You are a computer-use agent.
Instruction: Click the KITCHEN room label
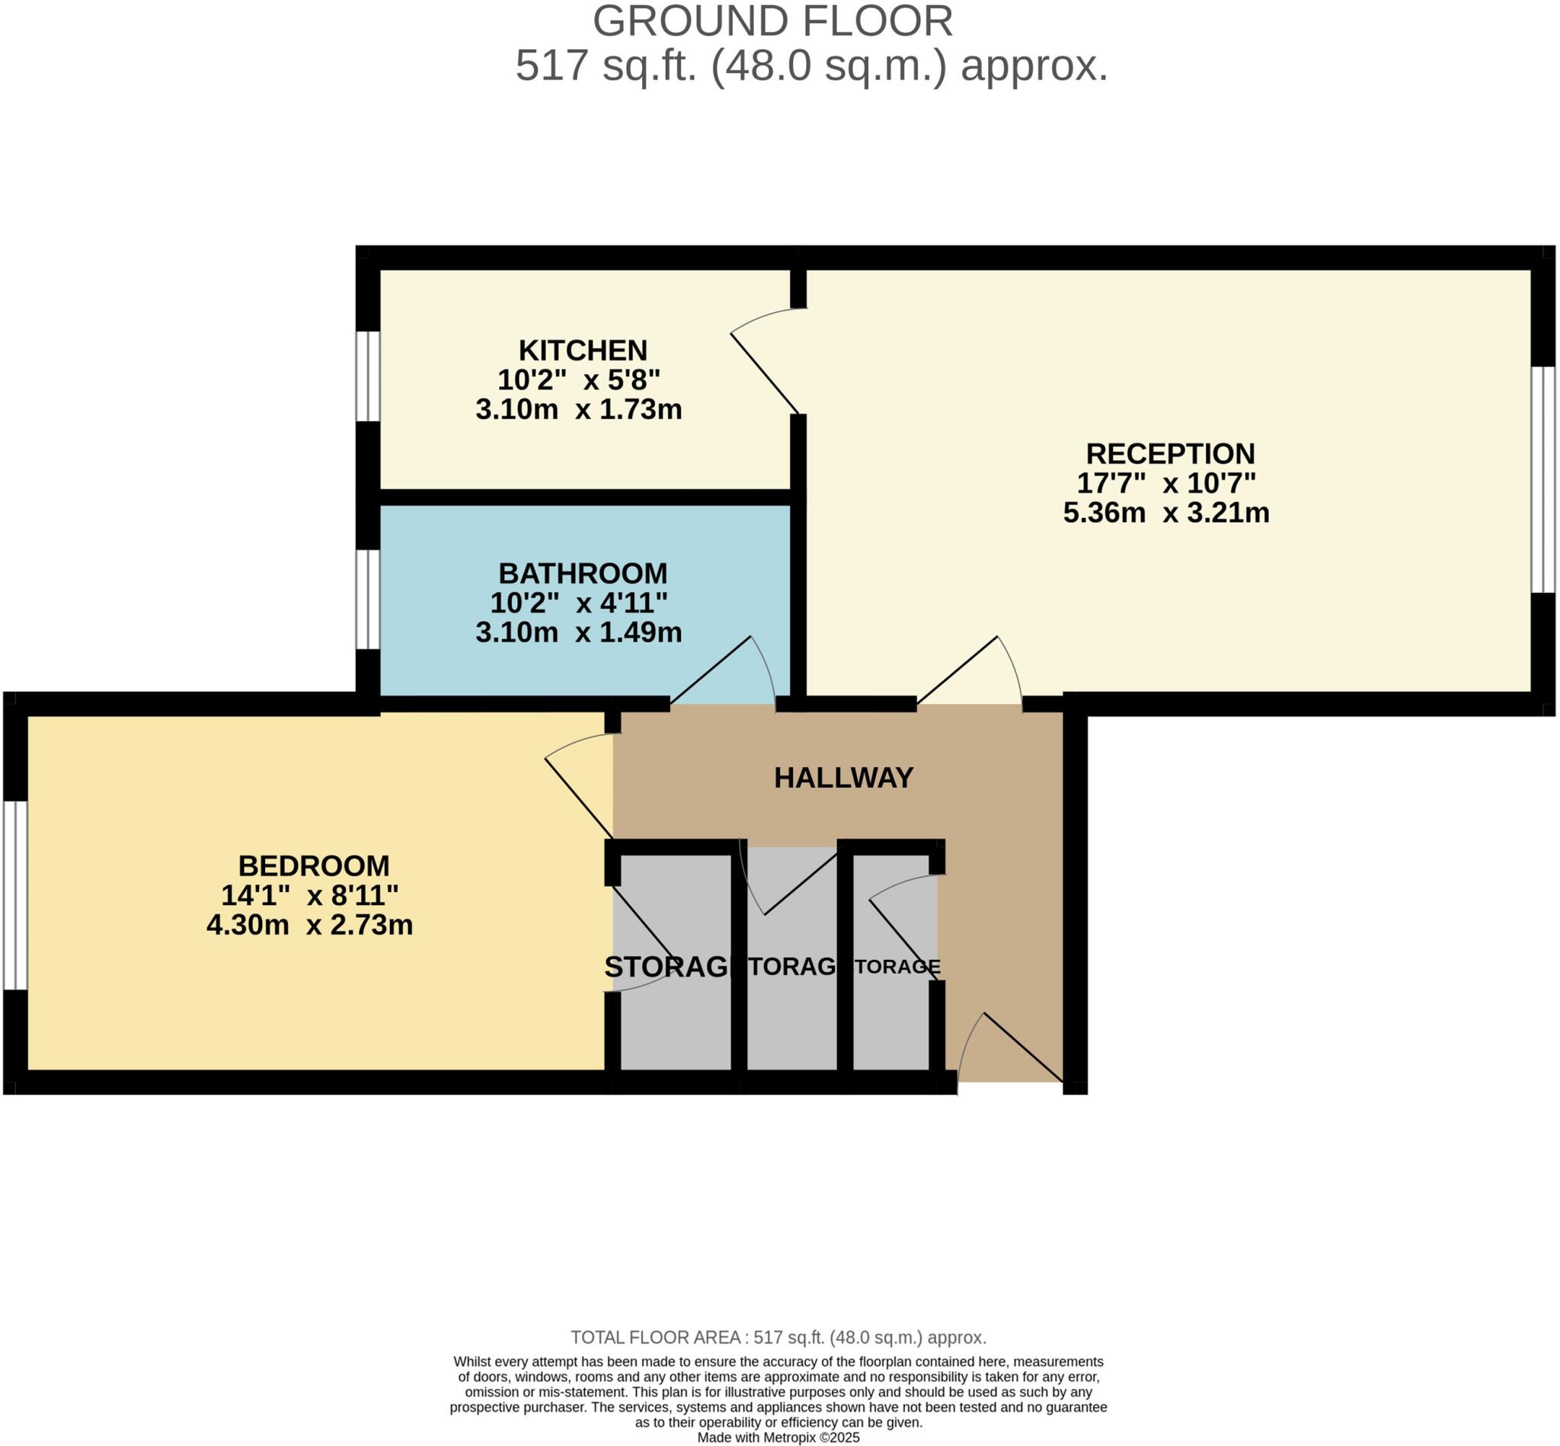pos(583,350)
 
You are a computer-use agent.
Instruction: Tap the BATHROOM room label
pos(583,574)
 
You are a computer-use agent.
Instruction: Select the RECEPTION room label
pos(1169,454)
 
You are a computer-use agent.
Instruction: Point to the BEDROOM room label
pos(314,866)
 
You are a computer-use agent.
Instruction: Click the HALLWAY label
pos(843,778)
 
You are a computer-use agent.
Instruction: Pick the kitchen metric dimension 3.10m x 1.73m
pos(579,409)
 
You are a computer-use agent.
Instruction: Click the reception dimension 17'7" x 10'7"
pos(1166,484)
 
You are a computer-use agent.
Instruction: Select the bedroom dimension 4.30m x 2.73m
pos(310,925)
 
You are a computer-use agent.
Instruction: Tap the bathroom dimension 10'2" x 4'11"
pos(579,603)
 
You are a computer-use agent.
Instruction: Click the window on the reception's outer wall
pos(1542,480)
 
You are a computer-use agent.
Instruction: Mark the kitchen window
pos(368,376)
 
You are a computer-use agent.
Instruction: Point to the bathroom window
pos(368,600)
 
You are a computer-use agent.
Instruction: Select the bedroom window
pos(15,895)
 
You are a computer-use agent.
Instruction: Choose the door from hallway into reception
pos(970,673)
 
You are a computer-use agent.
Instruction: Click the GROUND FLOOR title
pos(772,22)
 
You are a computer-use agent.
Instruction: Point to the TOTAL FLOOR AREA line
pos(778,1337)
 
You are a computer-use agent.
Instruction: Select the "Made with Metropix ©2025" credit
pos(778,1438)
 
